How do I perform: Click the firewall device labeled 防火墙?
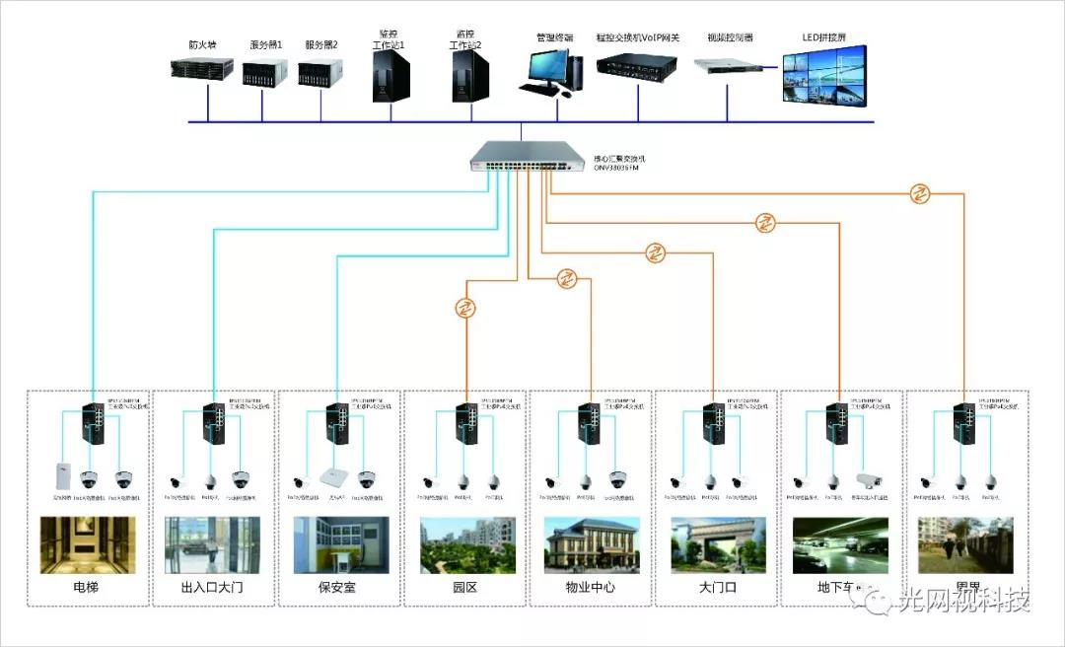click(202, 68)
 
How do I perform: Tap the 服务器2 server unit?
click(320, 71)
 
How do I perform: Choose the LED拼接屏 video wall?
click(824, 74)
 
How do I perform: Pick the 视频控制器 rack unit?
click(730, 66)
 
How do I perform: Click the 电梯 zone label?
click(87, 588)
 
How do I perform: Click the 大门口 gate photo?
click(716, 544)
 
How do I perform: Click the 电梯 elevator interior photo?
click(87, 544)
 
